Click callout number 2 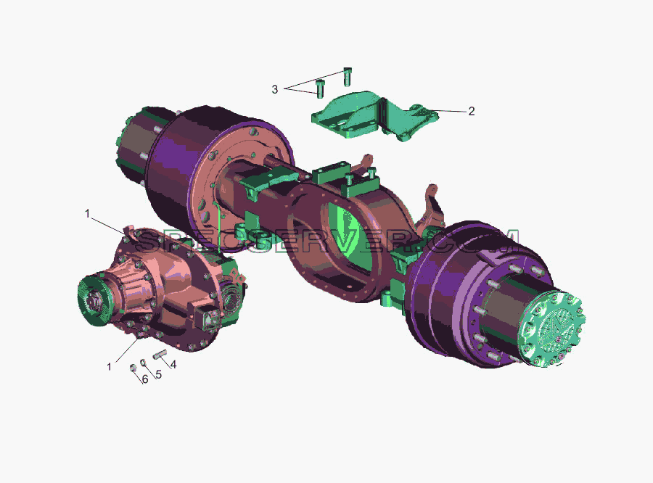471,111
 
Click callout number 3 274,89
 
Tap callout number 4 173,364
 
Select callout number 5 158,374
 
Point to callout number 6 145,379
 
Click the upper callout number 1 88,214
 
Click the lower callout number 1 109,367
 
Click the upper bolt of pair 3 348,76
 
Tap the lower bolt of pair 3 320,88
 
